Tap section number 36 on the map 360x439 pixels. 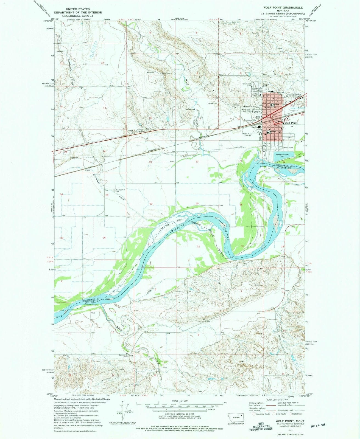[x=104, y=238]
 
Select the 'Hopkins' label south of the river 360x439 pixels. [x=259, y=285]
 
